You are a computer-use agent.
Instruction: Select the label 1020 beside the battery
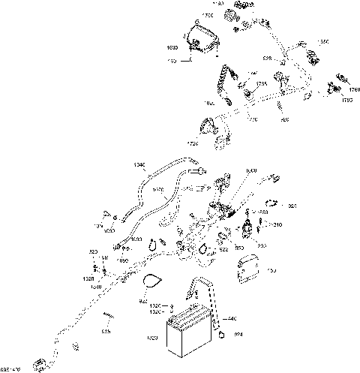[152, 338]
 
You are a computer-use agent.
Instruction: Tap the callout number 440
[233, 319]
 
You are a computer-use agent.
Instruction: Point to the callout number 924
[239, 334]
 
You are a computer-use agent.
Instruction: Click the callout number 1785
[261, 84]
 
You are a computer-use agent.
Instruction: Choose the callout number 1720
[193, 143]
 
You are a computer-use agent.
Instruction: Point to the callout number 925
[293, 205]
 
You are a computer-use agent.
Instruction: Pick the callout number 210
[277, 225]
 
